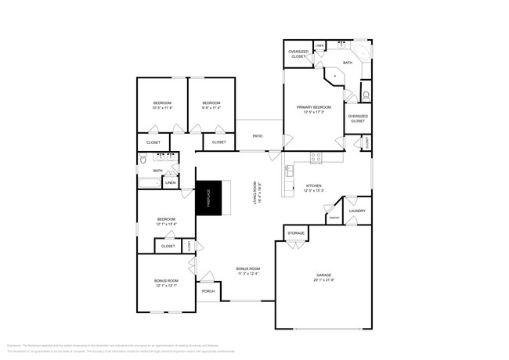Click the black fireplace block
pos(209,199)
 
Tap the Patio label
pos(257,135)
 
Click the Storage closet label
pos(296,233)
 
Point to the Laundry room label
pos(357,211)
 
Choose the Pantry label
pos(334,218)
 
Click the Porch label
pos(208,291)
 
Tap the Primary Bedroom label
pos(313,110)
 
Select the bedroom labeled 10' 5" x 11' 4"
pos(162,106)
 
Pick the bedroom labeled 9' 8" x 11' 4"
pos(211,106)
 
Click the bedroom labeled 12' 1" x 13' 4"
pos(166,221)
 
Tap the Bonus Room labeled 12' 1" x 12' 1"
pos(166,283)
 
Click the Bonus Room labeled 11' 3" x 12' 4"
pos(247,271)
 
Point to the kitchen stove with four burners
pos(316,157)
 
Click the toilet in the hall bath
pos(143,159)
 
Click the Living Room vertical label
pos(256,193)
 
